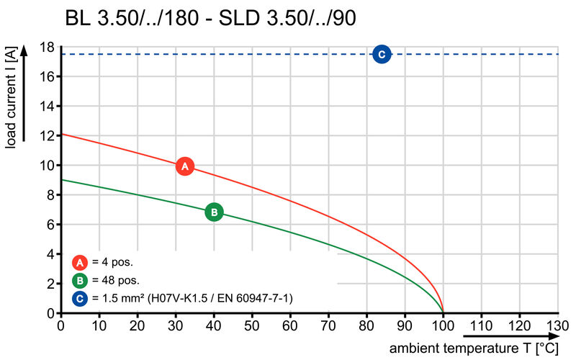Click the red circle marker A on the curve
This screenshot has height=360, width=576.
click(185, 166)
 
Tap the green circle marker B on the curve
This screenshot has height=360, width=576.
click(214, 212)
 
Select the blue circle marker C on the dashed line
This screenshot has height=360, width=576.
click(382, 54)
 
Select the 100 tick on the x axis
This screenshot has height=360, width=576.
click(443, 326)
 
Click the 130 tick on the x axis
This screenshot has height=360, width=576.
click(557, 326)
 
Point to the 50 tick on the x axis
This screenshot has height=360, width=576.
click(252, 326)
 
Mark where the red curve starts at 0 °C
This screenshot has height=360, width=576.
click(61, 134)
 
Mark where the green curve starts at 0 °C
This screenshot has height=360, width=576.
click(61, 180)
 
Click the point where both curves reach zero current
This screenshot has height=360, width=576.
click(443, 312)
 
